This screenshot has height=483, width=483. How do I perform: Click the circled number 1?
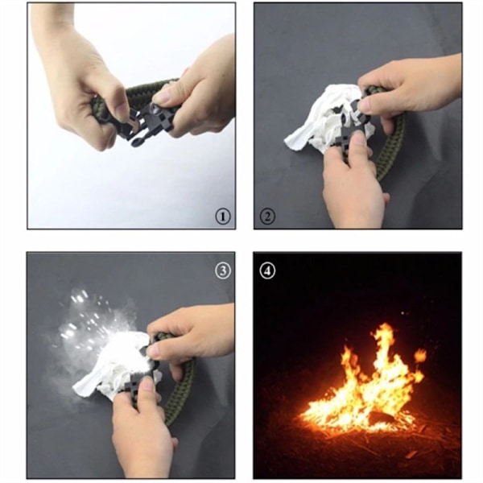[223, 217]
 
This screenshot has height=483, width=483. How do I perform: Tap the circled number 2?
[267, 217]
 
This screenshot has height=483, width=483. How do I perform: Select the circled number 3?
[223, 270]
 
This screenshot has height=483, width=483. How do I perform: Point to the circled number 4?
[267, 271]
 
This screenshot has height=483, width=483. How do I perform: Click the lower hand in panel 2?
[354, 182]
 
